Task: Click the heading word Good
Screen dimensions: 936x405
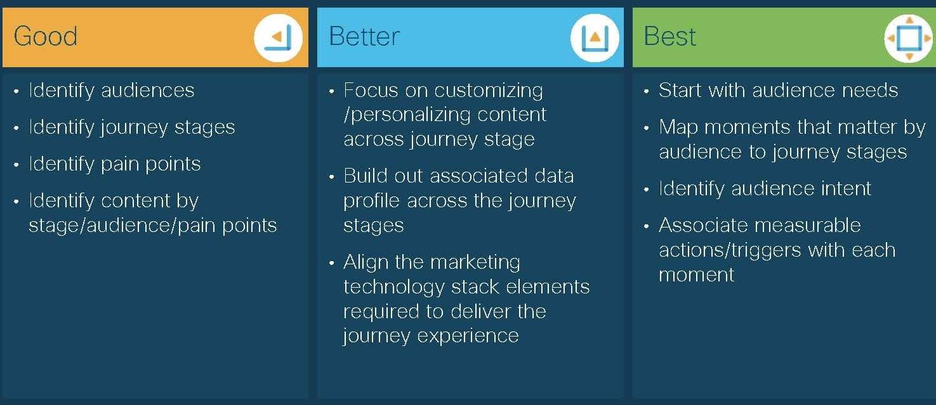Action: [x=46, y=36]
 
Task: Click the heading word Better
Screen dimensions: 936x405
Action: [x=364, y=36]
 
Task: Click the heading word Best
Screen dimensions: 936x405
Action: [x=670, y=36]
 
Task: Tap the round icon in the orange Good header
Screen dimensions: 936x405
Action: [x=279, y=38]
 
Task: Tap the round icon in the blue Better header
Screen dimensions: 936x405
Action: [x=595, y=38]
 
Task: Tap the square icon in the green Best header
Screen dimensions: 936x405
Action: [x=909, y=39]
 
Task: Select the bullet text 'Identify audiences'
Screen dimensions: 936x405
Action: [x=112, y=91]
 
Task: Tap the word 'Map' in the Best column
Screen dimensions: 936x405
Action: [x=678, y=127]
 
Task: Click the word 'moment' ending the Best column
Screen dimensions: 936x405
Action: [x=696, y=275]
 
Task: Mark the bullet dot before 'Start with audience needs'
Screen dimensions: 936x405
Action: [x=647, y=91]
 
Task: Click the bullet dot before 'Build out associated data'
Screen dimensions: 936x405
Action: [x=331, y=177]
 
